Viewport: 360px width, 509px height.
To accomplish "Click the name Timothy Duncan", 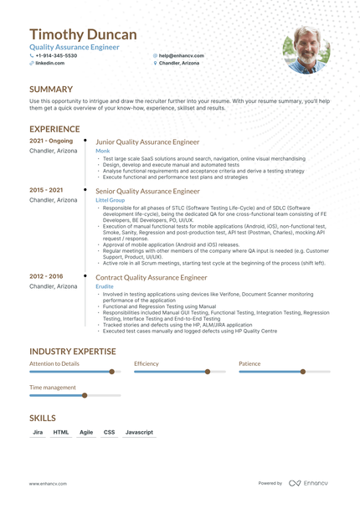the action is tap(83, 34).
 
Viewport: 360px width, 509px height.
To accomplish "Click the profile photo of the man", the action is tap(306, 49).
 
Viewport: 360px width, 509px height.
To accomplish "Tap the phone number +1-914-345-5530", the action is tap(56, 55).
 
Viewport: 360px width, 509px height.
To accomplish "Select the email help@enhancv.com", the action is tap(181, 55).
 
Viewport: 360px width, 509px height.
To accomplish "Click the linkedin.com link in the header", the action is tap(49, 63).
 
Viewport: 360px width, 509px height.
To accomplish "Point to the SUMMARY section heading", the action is tap(51, 89).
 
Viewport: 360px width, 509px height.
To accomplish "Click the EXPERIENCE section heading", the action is tap(55, 129).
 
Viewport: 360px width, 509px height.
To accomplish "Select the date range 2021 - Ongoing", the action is tap(51, 141).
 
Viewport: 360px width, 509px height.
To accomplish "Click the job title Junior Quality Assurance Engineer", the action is tap(148, 142).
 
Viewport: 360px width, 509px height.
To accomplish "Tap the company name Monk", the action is tap(102, 151).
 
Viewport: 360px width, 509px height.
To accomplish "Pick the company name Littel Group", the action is tap(110, 200).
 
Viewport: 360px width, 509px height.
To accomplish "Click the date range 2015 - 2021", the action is tap(46, 190).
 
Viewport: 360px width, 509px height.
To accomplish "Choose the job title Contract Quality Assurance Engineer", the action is tap(152, 277).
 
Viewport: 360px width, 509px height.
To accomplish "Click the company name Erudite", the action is tap(105, 285).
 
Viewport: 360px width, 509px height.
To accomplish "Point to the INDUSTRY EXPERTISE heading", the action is tap(72, 352).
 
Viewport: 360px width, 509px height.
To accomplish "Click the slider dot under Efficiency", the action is tap(208, 372).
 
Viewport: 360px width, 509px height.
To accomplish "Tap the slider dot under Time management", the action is tap(85, 395).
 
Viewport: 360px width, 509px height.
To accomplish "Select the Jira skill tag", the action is tap(38, 432).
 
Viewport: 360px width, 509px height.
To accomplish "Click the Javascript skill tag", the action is tap(139, 432).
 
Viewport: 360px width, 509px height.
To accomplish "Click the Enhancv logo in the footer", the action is tap(309, 483).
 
